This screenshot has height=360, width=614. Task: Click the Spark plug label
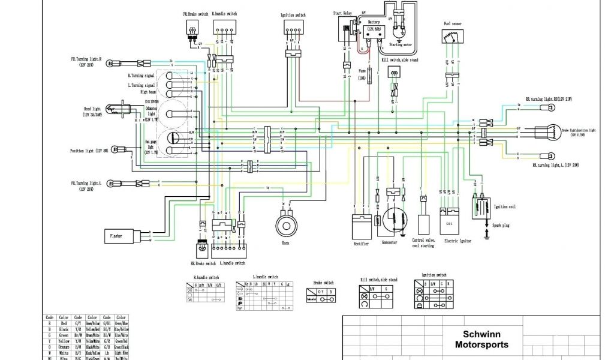coord(502,225)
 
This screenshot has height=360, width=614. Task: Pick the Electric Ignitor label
coord(458,241)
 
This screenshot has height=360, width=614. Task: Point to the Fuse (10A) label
coord(362,74)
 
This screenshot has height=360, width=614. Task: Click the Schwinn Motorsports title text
coord(481,340)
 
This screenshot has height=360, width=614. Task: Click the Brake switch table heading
coord(324,282)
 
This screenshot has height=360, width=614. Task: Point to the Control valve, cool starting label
coord(423,243)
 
